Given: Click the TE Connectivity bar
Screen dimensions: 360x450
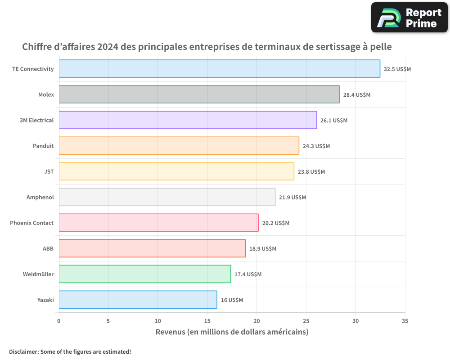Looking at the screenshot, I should point(219,69).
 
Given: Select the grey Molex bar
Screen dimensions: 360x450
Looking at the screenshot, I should point(199,94).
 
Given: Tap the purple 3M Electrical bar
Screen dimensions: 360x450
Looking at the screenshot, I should point(188,120).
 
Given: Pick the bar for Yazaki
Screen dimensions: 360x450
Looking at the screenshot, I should point(138,300).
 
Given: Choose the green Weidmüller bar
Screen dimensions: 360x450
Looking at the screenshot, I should point(144,274).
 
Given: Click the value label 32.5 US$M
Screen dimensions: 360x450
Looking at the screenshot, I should point(397,69).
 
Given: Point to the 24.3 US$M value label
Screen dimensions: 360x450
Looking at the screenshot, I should point(316,146).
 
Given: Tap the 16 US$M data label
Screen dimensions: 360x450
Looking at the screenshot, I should point(232,300).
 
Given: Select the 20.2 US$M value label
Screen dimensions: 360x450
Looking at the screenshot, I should point(276,223).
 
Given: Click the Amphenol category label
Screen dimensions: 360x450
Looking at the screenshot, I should point(40,197).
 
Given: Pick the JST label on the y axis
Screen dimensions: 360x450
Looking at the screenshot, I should point(49,171).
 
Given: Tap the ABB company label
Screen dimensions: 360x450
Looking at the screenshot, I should point(48,248).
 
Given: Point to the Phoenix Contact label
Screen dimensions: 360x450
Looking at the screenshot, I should point(31,223).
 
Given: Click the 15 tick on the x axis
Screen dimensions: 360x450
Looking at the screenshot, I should point(207,321).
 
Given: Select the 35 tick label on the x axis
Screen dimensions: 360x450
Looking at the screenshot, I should point(405,321).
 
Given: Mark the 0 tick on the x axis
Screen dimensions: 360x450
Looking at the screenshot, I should point(58,321).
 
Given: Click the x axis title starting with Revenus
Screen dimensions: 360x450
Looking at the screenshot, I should point(232,332).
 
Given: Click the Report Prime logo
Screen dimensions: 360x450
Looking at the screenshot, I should point(409,18).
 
